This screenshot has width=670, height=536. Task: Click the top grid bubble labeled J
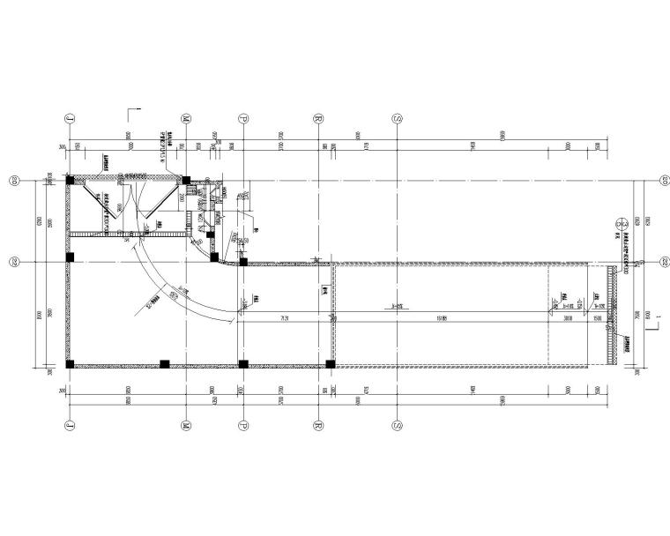[x=68, y=117]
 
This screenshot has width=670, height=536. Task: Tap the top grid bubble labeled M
[x=187, y=117]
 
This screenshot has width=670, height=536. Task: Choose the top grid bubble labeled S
[x=398, y=117]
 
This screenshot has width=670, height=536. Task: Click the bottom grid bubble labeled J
[x=68, y=424]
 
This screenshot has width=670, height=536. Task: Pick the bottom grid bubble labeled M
[x=187, y=424]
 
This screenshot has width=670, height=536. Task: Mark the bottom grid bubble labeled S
[x=398, y=424]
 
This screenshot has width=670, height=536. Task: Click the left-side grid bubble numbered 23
[x=14, y=182]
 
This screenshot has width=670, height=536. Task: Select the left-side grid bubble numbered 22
[x=14, y=262]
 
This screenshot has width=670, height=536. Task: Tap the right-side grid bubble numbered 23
[x=663, y=182]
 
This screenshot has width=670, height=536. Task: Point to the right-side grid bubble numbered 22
[x=663, y=262]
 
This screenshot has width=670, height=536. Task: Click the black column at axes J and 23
[x=69, y=180]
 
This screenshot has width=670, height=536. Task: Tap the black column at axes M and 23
[x=187, y=180]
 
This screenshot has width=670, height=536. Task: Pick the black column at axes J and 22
[x=69, y=258]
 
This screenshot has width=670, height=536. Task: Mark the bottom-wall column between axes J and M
[x=164, y=363]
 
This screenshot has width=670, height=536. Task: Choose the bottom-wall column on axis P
[x=242, y=363]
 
